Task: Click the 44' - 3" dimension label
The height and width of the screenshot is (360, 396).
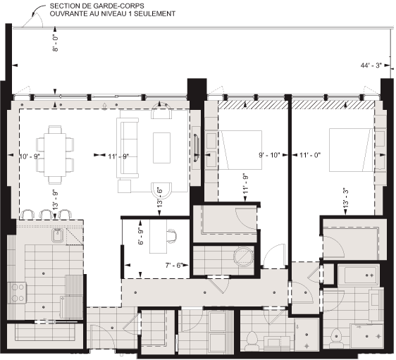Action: tap(369, 66)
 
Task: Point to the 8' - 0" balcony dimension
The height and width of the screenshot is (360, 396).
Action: tap(54, 42)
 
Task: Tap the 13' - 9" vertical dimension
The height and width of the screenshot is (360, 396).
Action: tap(54, 201)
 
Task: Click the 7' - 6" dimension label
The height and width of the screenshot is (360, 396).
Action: tap(173, 266)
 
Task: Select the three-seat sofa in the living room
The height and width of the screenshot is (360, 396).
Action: tap(128, 147)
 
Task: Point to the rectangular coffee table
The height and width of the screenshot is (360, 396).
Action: tap(161, 147)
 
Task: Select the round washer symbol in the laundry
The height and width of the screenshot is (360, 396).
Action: tap(244, 254)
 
